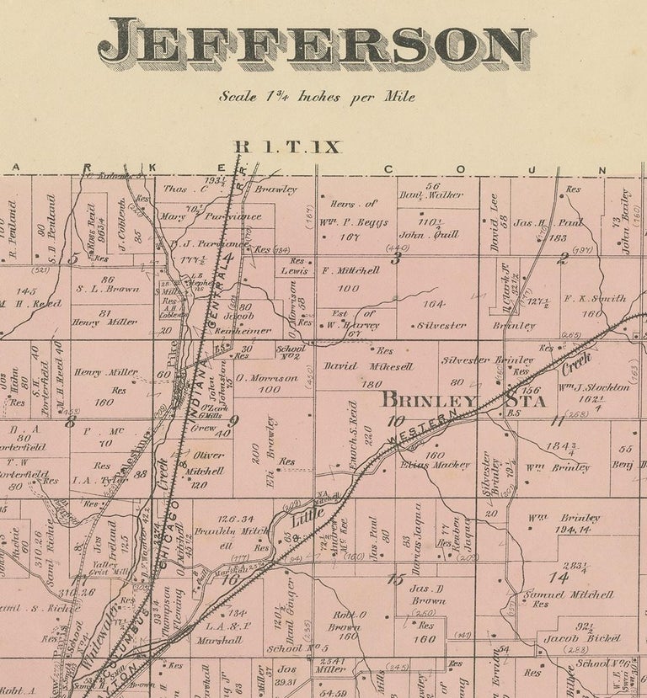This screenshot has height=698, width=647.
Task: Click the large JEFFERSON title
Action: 316,43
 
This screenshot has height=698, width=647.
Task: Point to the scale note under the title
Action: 317,96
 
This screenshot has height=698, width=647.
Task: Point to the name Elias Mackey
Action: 436,464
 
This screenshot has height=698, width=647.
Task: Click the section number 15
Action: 394,578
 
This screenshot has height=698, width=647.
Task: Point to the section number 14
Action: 558,576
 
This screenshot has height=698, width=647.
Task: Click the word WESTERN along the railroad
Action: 425,427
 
